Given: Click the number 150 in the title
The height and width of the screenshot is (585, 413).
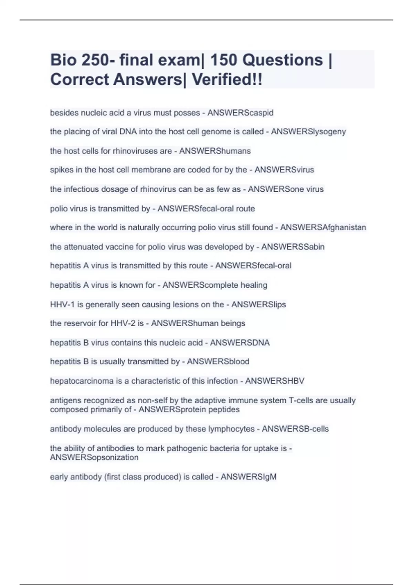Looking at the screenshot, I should point(223,60).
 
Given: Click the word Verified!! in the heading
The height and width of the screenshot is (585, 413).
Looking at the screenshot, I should point(227,79).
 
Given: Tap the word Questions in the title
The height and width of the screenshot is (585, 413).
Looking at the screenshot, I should point(283,60).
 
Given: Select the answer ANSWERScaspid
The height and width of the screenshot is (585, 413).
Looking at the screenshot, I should point(240,113).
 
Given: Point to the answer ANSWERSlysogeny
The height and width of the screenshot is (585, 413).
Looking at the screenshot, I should point(308,131).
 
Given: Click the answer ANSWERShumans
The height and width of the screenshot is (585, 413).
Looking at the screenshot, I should point(215,151).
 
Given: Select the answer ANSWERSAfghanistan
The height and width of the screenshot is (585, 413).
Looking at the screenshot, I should point(323,227).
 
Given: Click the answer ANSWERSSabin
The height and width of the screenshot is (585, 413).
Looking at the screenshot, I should point(293,247).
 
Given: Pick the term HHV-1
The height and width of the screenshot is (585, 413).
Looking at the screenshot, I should point(62,305).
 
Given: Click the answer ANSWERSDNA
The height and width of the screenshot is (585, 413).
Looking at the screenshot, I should point(240,343).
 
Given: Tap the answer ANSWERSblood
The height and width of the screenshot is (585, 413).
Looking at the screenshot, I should point(218,362).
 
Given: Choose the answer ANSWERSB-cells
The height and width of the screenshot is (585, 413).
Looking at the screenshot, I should point(295,429).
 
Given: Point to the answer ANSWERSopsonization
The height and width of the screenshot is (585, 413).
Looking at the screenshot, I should point(94,458).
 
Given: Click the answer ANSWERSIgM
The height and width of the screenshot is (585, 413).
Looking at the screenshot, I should point(248,477).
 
